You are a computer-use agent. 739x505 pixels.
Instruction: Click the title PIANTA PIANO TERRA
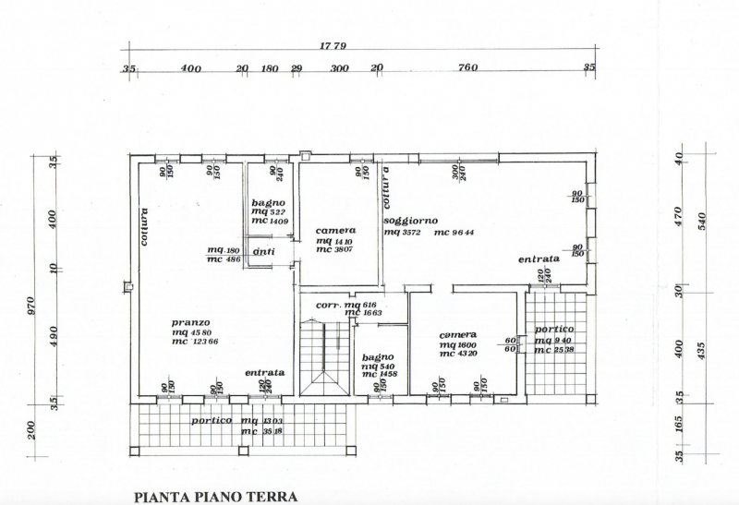(x=216, y=497)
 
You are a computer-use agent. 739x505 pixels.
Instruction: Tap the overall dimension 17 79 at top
(x=359, y=45)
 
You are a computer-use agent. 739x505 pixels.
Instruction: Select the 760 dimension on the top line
(x=467, y=67)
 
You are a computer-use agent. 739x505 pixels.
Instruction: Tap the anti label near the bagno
(x=263, y=252)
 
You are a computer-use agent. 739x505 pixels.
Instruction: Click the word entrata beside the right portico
(x=539, y=259)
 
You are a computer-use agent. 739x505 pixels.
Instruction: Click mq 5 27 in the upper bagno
(x=268, y=211)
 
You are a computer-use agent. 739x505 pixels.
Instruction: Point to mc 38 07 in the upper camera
(x=335, y=249)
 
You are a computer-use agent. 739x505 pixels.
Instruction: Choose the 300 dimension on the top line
(x=339, y=67)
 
